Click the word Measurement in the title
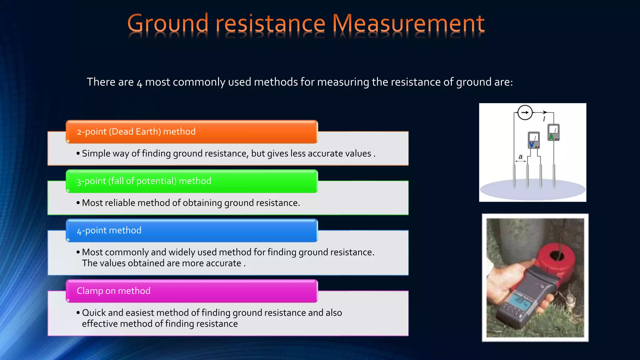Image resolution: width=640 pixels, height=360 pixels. click(408, 23)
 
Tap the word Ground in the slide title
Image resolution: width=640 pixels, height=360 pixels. click(168, 23)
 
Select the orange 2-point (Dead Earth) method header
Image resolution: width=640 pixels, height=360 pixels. click(192, 132)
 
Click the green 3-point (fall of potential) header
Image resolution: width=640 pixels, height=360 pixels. click(192, 181)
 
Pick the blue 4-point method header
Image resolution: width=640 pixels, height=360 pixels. click(192, 231)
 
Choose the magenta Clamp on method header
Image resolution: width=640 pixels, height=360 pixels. click(192, 291)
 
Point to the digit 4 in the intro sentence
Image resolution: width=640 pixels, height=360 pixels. click(139, 83)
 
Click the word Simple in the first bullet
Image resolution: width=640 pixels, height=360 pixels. click(96, 153)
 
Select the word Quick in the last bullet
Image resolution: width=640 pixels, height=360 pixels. click(94, 313)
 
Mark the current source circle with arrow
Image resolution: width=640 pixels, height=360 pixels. click(525, 112)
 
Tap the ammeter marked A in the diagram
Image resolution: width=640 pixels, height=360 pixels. click(553, 132)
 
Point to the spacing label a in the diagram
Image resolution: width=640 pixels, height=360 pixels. click(520, 157)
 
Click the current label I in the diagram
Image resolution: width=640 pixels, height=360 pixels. click(544, 119)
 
